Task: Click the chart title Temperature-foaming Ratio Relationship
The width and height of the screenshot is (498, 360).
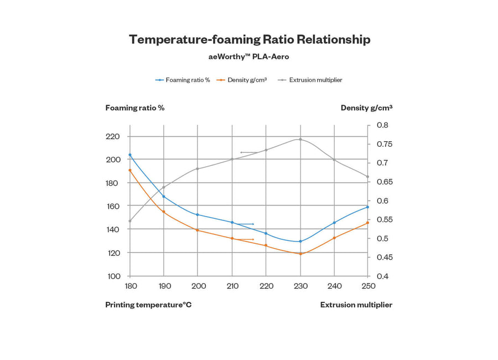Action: click(x=250, y=39)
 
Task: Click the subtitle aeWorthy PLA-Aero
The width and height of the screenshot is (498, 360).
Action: click(x=248, y=56)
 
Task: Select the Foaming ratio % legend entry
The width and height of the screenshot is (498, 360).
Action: click(x=183, y=80)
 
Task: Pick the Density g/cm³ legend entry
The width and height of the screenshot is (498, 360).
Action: click(x=242, y=80)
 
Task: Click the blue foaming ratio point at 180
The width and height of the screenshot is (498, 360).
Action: click(x=130, y=155)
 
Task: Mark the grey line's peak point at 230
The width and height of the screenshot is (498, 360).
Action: click(x=300, y=139)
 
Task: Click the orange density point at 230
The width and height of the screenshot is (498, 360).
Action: click(x=300, y=254)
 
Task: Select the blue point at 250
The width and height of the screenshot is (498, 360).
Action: click(x=367, y=207)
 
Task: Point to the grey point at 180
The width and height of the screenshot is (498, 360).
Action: click(x=130, y=221)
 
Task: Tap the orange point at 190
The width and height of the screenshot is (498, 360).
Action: click(x=164, y=212)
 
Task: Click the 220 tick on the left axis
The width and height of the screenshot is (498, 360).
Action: click(x=113, y=136)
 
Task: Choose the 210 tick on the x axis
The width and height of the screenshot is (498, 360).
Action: click(x=232, y=286)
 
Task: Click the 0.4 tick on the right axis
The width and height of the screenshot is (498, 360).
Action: click(x=382, y=276)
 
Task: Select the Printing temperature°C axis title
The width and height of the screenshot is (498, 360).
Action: click(x=148, y=305)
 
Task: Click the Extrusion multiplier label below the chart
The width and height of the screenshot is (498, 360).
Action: click(x=356, y=305)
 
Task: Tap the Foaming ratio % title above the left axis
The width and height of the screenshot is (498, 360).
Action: click(x=135, y=107)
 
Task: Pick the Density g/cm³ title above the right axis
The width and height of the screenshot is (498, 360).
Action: click(x=366, y=107)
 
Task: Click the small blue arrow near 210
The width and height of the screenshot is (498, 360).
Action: click(x=245, y=224)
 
